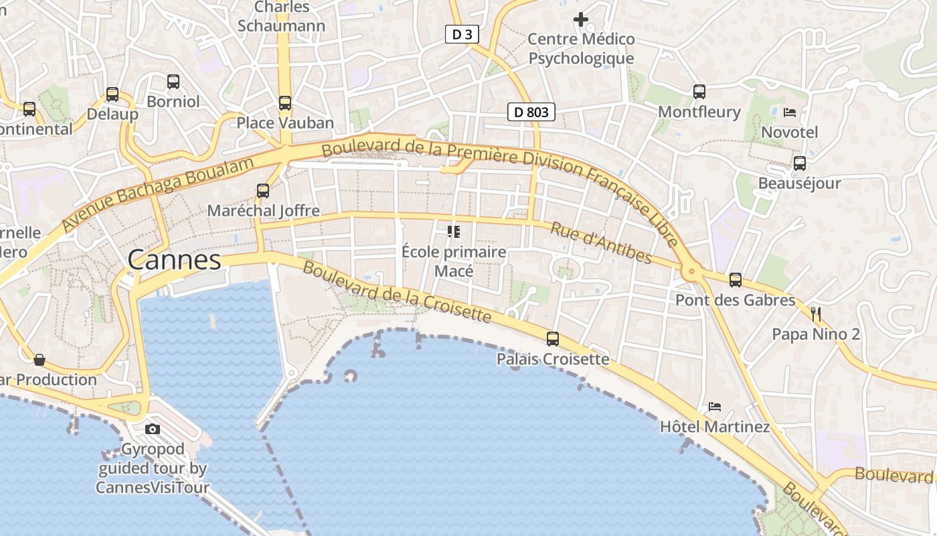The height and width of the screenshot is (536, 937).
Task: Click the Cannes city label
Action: (x=174, y=260)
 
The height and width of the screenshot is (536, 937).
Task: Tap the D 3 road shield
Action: (x=462, y=35)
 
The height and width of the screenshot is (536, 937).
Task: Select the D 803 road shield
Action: (x=531, y=112)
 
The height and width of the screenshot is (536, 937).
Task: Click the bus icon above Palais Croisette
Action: (x=552, y=339)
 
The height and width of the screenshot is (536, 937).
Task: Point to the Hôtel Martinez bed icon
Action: (x=715, y=407)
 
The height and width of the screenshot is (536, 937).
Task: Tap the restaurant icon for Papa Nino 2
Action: (x=815, y=314)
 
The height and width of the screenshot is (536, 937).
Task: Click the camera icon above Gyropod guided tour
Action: (x=153, y=429)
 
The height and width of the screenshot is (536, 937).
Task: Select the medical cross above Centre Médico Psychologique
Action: (x=581, y=19)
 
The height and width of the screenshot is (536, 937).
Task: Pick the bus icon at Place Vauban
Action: (x=285, y=103)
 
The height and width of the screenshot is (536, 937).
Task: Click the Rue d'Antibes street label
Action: (x=600, y=243)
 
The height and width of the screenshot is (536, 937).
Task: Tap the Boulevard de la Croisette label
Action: (x=397, y=291)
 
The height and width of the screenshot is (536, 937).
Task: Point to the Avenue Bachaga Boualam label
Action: (x=159, y=194)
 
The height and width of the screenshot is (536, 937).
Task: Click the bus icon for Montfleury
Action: (x=699, y=92)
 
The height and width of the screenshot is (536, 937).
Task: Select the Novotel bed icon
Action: (x=790, y=113)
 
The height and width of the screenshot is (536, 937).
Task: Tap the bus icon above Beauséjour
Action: (x=799, y=163)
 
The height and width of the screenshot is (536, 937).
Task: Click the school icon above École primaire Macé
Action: (x=454, y=232)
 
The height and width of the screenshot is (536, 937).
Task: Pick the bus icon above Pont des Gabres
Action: (x=735, y=280)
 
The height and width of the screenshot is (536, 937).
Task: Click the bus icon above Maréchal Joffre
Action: (x=263, y=191)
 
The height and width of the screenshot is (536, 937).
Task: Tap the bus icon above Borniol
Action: (x=173, y=82)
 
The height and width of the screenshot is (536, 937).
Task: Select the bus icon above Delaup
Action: (x=112, y=94)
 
